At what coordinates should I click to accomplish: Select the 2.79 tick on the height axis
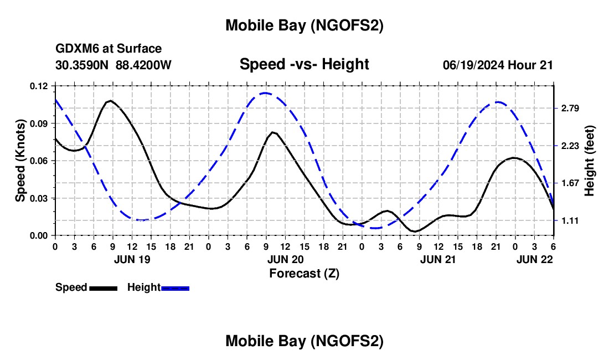point(570,108)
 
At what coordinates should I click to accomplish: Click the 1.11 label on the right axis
point(570,220)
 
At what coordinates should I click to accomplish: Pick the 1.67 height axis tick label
point(570,183)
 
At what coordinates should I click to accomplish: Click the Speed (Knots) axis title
point(20,161)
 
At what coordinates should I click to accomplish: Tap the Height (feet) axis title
point(590,161)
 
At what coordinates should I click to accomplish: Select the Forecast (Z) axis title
point(304,273)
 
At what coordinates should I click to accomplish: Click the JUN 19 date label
point(132,259)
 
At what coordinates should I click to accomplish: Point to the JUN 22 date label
point(534,259)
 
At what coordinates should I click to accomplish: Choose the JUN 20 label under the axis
point(285,259)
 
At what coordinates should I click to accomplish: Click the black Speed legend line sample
point(103,288)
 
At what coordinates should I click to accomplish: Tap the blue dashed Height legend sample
point(175,288)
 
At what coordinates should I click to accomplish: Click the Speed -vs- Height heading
point(304,64)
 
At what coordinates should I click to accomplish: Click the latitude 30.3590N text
point(82,65)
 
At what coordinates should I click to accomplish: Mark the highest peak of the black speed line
point(110,101)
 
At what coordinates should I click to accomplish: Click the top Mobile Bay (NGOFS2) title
point(304,25)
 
